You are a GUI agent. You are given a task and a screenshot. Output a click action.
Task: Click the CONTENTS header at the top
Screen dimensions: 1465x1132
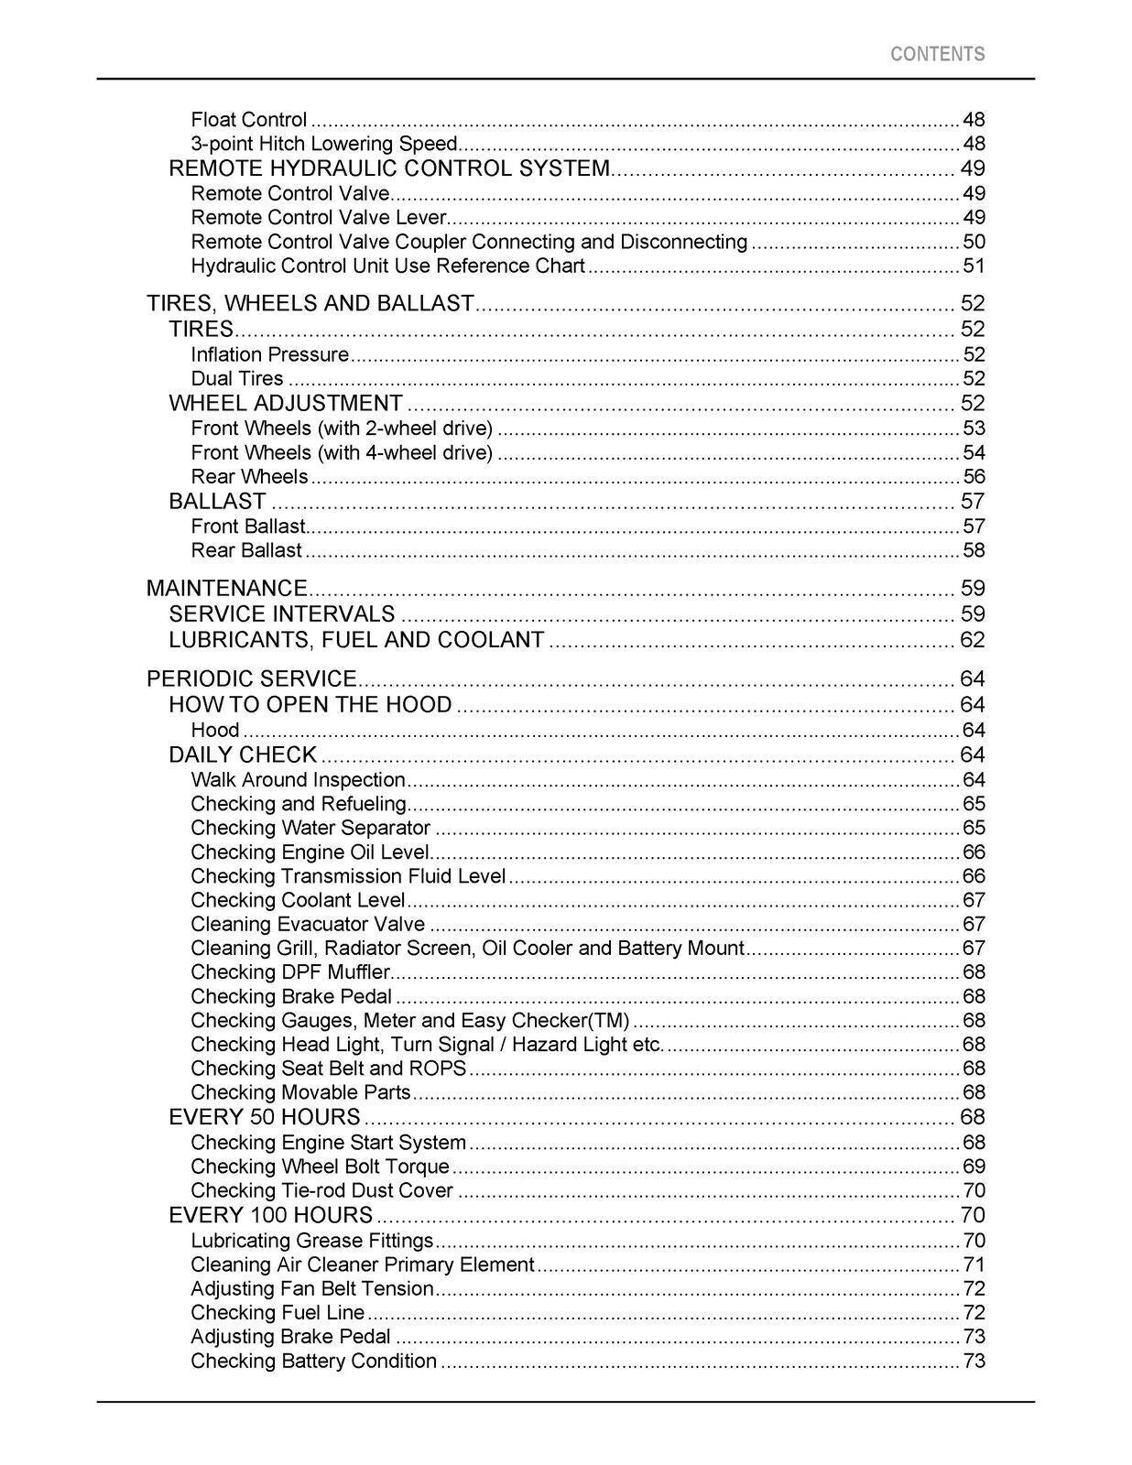pyautogui.click(x=937, y=54)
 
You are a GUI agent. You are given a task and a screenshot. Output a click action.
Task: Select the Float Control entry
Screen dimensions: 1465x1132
pyautogui.click(x=248, y=120)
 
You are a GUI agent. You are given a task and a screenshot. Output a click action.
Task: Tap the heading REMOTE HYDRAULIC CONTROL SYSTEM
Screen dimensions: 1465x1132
pyautogui.click(x=389, y=168)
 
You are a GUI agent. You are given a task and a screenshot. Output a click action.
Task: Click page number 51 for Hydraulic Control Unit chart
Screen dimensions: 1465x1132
pyautogui.click(x=974, y=266)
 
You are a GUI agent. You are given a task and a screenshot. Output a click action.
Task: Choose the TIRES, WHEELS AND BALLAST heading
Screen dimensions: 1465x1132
pyautogui.click(x=310, y=303)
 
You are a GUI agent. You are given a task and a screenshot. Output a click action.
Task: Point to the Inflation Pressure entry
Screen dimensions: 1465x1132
pyautogui.click(x=269, y=354)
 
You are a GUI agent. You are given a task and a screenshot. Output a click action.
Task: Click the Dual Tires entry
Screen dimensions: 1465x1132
pyautogui.click(x=237, y=378)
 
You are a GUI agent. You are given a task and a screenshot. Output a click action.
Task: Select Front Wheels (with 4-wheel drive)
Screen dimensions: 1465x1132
pyautogui.click(x=342, y=452)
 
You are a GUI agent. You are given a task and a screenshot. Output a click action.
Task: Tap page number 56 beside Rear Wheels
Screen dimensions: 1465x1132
pyautogui.click(x=974, y=476)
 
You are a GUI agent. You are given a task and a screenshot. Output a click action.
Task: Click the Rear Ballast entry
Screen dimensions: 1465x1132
pyautogui.click(x=245, y=550)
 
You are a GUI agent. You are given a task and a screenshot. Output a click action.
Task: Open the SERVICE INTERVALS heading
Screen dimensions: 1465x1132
pyautogui.click(x=282, y=613)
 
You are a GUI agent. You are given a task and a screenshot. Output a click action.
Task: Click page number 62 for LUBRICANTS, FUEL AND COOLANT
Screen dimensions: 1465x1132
pyautogui.click(x=973, y=640)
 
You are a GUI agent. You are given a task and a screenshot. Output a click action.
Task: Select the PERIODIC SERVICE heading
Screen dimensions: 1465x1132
pyautogui.click(x=251, y=678)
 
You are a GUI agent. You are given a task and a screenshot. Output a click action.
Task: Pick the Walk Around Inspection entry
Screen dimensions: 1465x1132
pyautogui.click(x=298, y=780)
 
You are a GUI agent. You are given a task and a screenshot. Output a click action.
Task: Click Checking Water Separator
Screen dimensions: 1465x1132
pyautogui.click(x=310, y=828)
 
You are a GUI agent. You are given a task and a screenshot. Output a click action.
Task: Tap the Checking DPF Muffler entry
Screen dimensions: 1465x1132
pyautogui.click(x=290, y=971)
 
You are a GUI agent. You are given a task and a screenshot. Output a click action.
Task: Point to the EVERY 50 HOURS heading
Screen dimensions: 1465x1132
pyautogui.click(x=265, y=1117)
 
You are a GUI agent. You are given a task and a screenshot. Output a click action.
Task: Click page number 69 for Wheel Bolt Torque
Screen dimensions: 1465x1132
pyautogui.click(x=974, y=1167)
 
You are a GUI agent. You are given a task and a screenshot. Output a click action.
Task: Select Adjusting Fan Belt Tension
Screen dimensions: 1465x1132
pyautogui.click(x=311, y=1288)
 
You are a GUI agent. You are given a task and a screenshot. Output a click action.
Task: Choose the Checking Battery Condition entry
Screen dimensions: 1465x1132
pyautogui.click(x=313, y=1361)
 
